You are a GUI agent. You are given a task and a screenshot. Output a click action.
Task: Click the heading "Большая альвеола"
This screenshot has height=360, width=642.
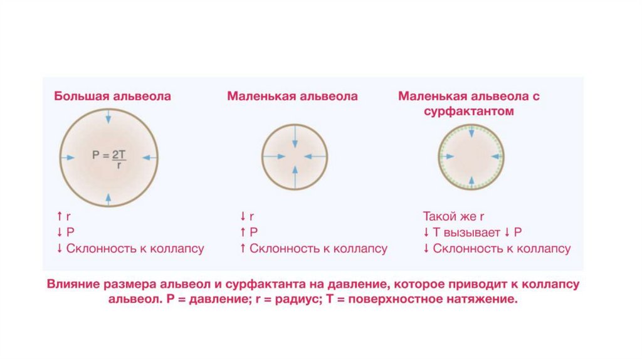click(x=112, y=97)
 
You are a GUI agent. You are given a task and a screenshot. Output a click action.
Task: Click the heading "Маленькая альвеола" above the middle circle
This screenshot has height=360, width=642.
click(x=292, y=97)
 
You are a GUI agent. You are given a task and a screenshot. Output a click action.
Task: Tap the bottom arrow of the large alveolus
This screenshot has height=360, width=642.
click(x=109, y=198)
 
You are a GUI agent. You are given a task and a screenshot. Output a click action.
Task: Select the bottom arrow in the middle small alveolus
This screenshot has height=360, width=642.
click(x=295, y=174)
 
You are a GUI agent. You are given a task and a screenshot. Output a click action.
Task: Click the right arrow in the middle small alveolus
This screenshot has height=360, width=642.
click(x=313, y=156)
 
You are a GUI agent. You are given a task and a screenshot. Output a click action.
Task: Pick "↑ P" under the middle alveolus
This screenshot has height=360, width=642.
click(x=249, y=233)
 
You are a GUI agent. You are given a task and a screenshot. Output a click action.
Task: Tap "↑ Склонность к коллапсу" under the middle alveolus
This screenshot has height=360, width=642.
click(x=313, y=248)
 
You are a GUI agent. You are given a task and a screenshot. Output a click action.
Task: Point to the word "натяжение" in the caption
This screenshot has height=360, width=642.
click(x=485, y=299)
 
